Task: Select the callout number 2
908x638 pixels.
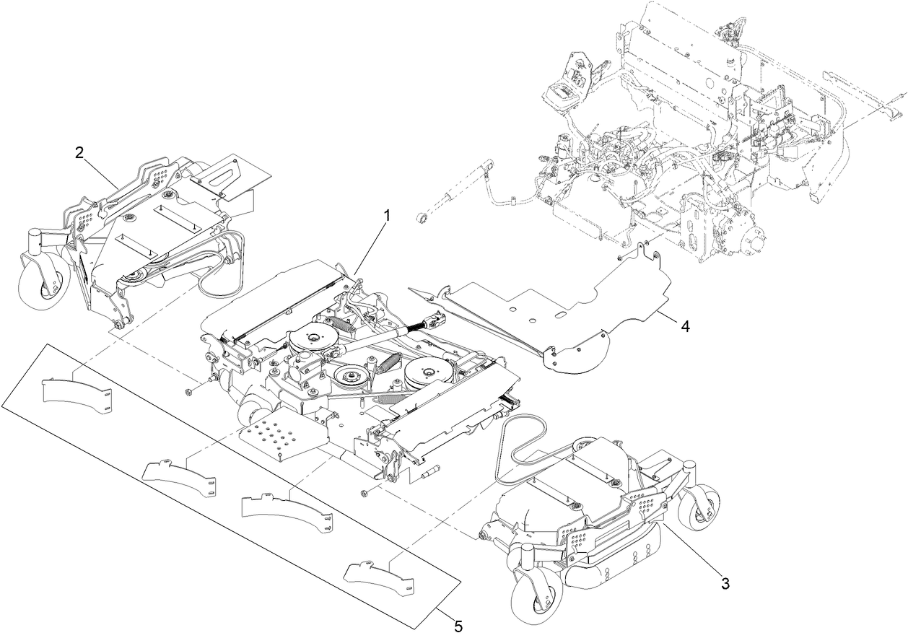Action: coord(79,152)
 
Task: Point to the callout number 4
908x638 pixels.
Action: coord(685,326)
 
